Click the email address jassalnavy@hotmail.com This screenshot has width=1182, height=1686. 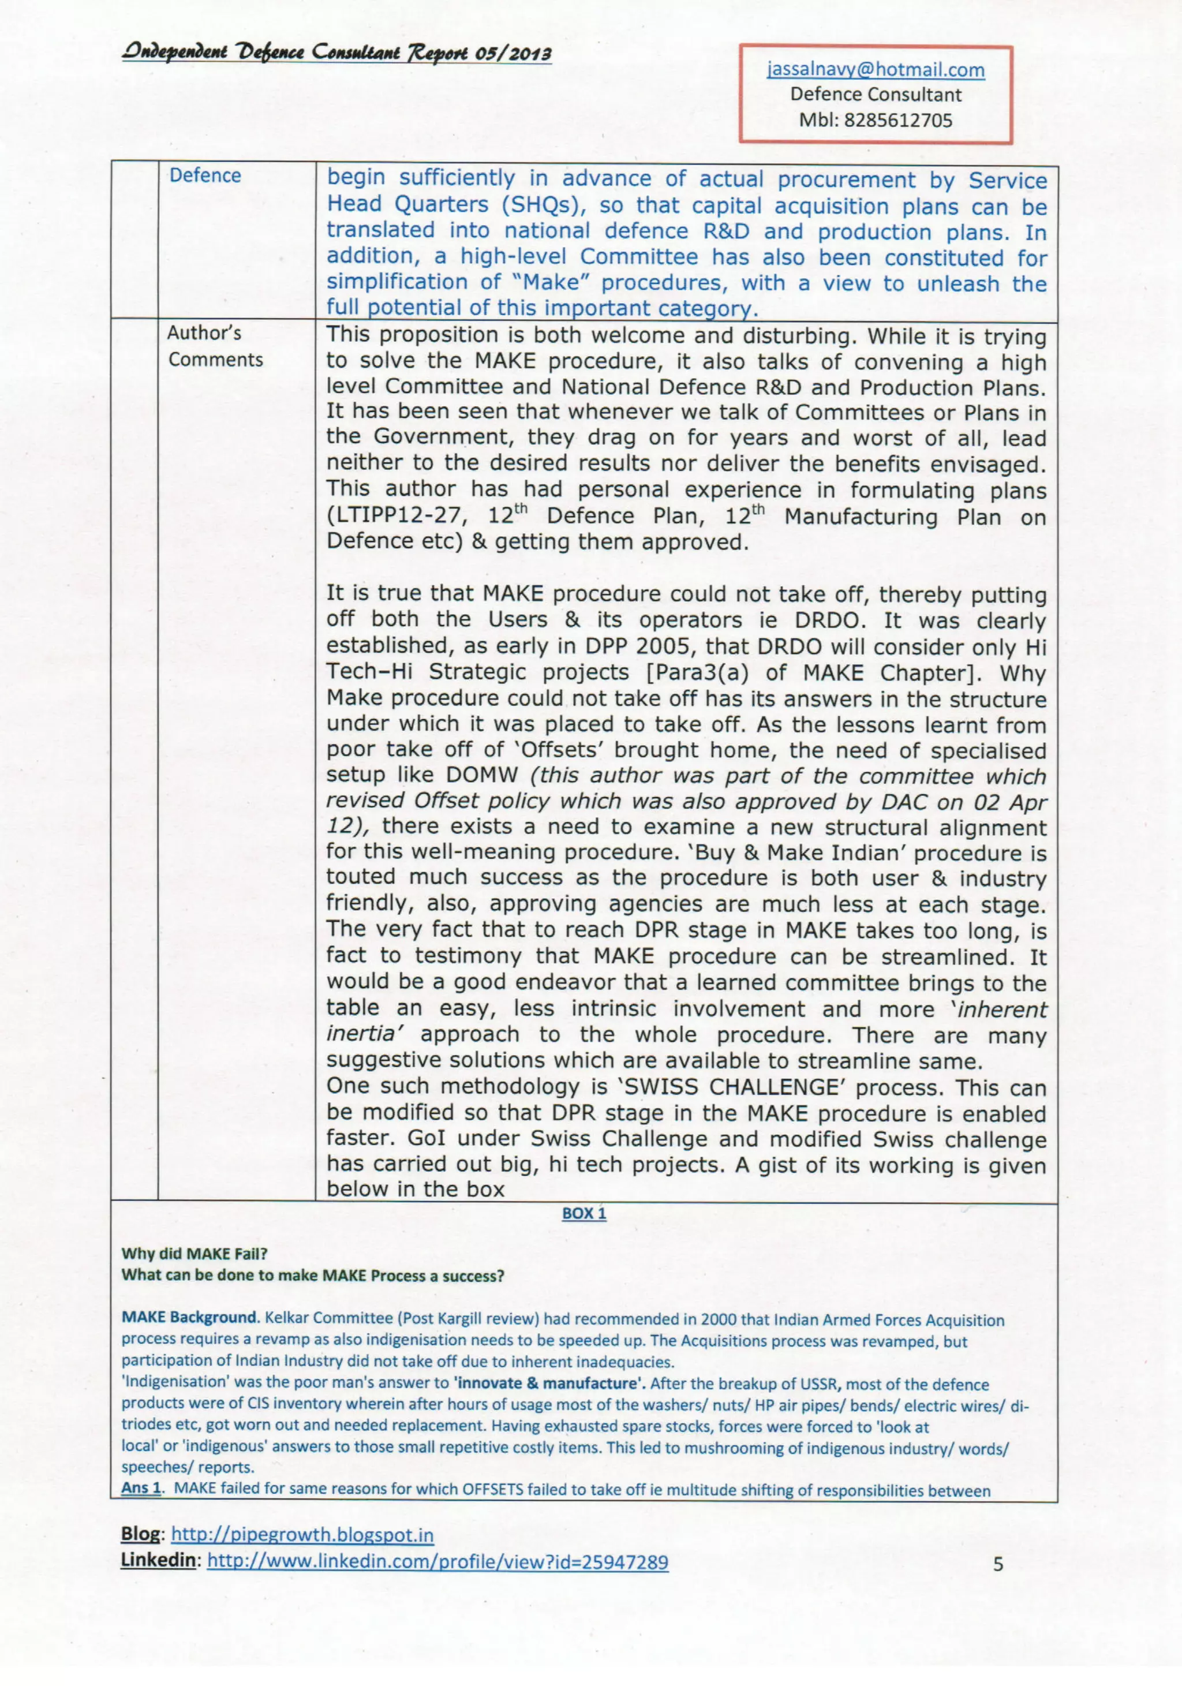point(875,70)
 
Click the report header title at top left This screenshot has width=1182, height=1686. point(337,54)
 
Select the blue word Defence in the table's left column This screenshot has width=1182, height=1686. point(205,175)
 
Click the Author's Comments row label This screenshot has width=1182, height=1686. point(214,346)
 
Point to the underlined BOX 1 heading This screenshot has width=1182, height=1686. point(583,1213)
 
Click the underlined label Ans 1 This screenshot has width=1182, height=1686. point(140,1489)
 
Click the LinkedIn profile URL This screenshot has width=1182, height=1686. point(437,1562)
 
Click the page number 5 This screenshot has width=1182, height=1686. point(998,1564)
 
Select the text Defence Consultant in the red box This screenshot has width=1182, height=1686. point(875,95)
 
